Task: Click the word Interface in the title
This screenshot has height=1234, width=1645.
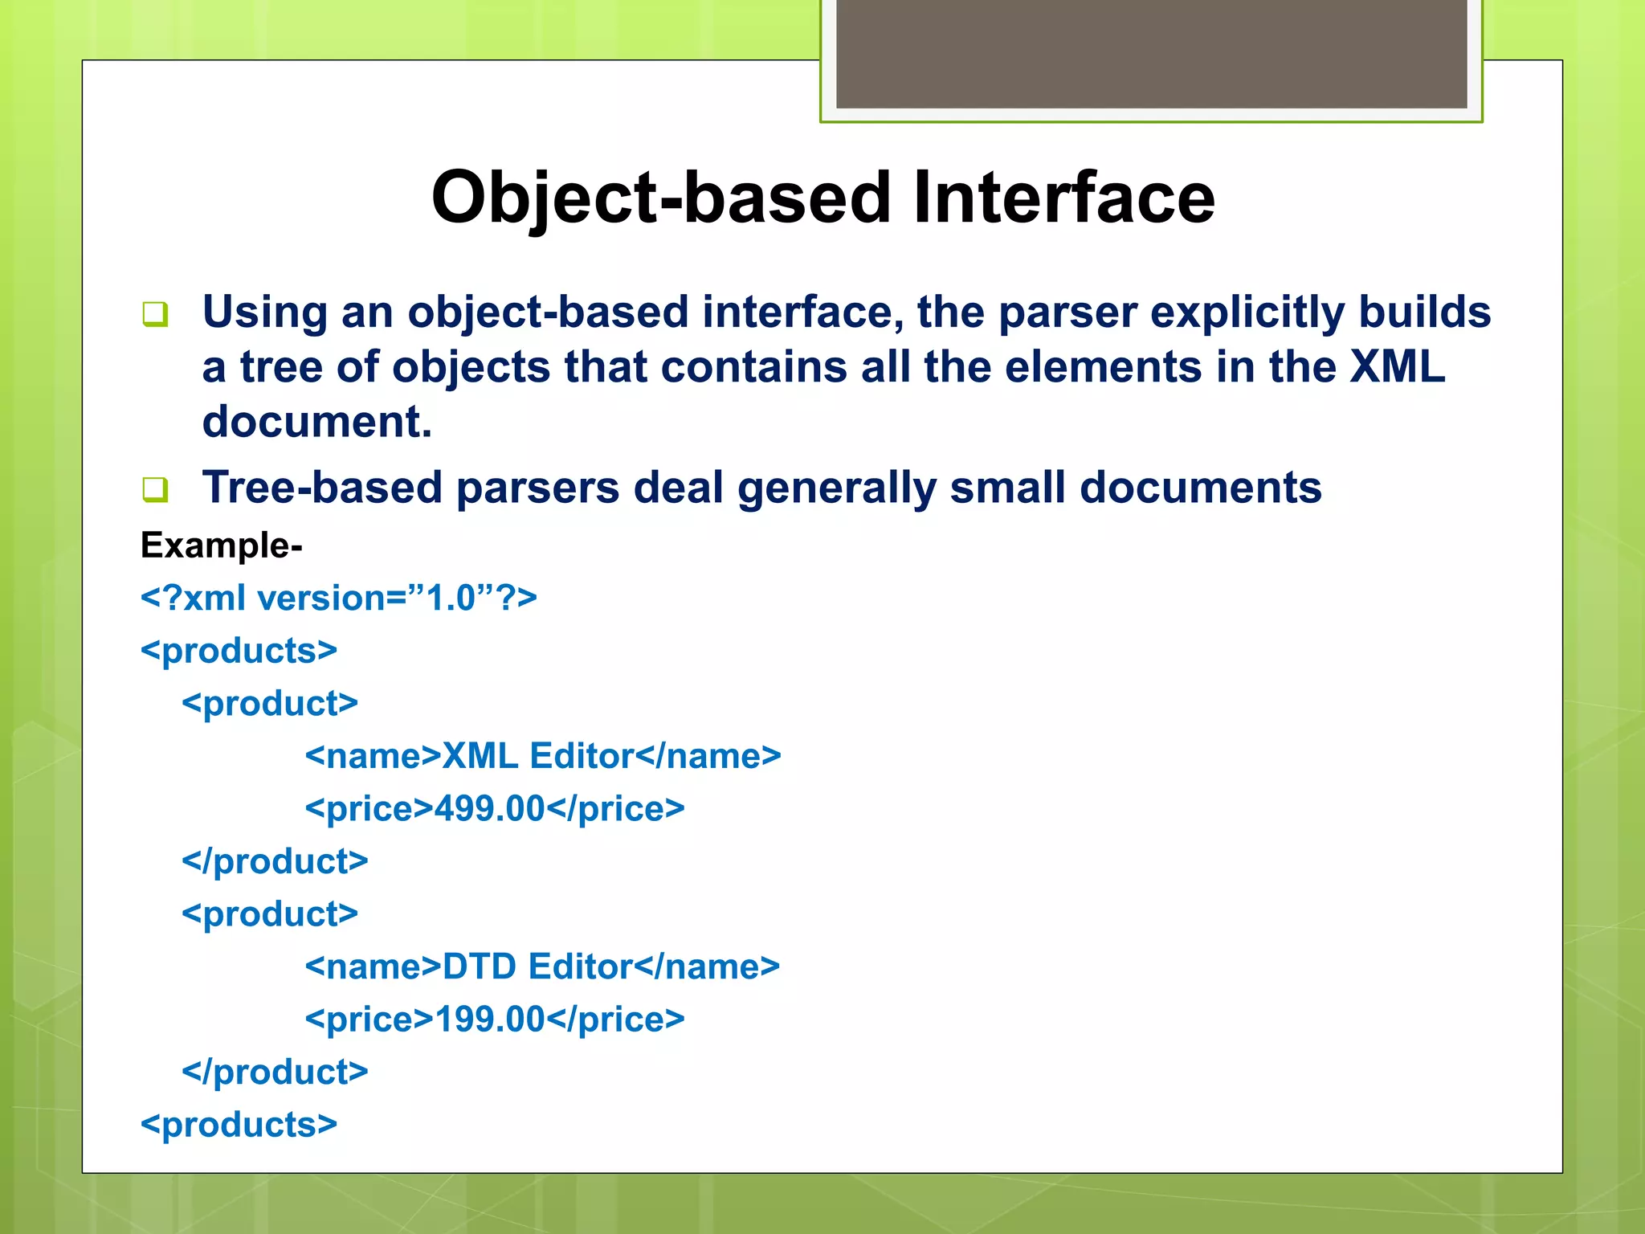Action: point(1063,198)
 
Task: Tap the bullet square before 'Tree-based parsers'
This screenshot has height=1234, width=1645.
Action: point(155,488)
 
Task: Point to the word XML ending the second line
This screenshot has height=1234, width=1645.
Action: point(1397,367)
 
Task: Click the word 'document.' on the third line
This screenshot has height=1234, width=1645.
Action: point(317,422)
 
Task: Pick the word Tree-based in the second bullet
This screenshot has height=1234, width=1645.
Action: point(322,488)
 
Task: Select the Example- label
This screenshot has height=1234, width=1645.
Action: point(221,545)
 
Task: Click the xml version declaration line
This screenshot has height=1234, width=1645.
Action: point(338,599)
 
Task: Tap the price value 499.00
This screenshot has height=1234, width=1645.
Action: point(490,809)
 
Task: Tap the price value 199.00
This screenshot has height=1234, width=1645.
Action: point(490,1019)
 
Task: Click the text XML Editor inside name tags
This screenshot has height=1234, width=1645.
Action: point(538,756)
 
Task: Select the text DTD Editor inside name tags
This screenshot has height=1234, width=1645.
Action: point(537,966)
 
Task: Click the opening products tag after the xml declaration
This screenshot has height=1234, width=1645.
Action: point(239,651)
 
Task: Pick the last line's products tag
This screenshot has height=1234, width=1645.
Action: point(239,1125)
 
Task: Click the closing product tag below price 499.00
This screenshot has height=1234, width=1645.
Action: point(275,861)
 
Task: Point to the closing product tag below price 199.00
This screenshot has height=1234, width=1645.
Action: point(275,1072)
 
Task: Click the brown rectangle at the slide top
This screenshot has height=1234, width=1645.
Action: point(1151,53)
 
